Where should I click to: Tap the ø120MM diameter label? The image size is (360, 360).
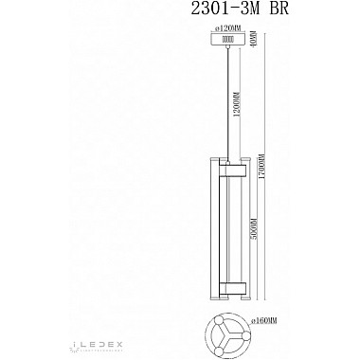click(226, 32)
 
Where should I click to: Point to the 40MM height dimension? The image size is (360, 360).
click(255, 42)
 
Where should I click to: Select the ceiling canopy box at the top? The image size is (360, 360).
click(225, 42)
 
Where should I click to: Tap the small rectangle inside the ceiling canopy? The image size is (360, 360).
click(226, 41)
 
